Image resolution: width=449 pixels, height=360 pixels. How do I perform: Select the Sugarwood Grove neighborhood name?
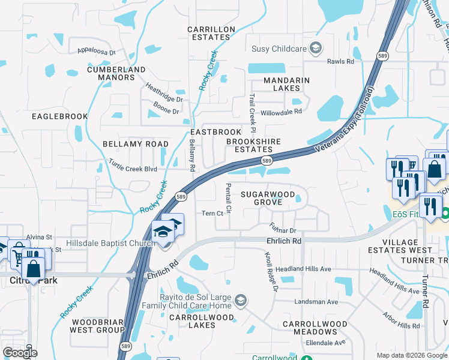(268, 198)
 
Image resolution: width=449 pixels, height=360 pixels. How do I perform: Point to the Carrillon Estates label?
(208, 33)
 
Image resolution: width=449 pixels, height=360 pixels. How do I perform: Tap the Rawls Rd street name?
(340, 61)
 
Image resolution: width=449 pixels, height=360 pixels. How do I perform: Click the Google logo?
(20, 353)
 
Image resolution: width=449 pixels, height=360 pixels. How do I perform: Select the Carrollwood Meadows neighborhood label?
(315, 328)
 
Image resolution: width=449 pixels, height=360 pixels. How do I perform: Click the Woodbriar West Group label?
(98, 326)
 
